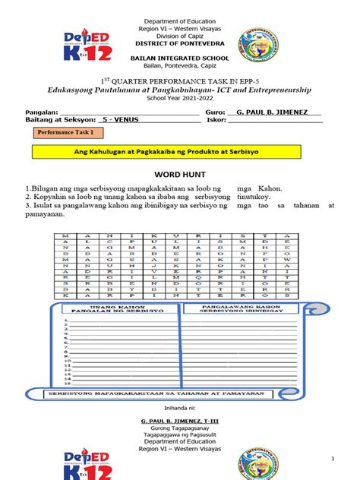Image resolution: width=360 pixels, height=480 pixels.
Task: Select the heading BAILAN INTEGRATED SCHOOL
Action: point(180,57)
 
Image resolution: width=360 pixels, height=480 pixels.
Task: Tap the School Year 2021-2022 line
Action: point(180,98)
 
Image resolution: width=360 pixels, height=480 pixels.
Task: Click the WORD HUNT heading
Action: point(180,174)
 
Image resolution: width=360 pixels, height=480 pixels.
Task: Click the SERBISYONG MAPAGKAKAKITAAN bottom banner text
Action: point(179,393)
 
